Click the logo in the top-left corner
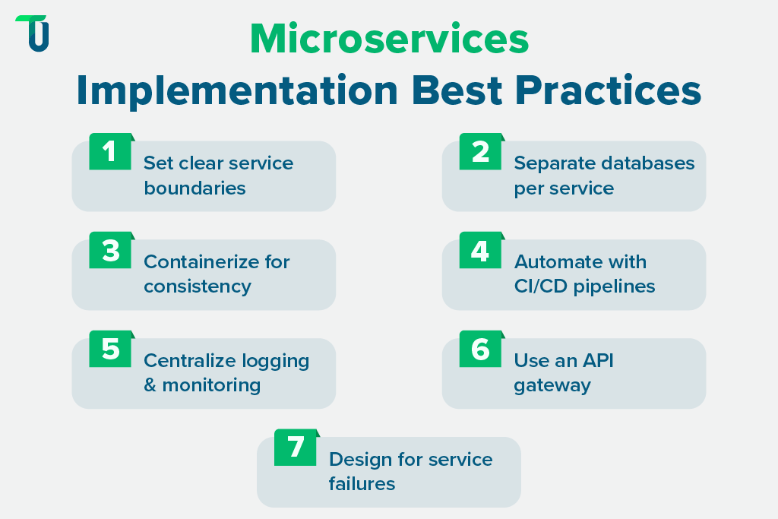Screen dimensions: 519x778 pyautogui.click(x=33, y=33)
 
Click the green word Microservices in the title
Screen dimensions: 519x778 pyautogui.click(x=389, y=40)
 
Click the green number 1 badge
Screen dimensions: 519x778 pyautogui.click(x=110, y=152)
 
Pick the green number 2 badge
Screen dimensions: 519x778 pyautogui.click(x=480, y=152)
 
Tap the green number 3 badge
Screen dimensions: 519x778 pyautogui.click(x=110, y=251)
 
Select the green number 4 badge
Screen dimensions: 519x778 pyautogui.click(x=480, y=251)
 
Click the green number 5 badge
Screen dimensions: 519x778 pyautogui.click(x=110, y=350)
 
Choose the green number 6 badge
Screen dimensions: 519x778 pyautogui.click(x=480, y=350)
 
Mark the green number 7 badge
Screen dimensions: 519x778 pyautogui.click(x=296, y=448)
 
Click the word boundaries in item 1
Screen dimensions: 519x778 pyautogui.click(x=194, y=188)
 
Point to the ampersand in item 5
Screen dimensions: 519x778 pyautogui.click(x=150, y=385)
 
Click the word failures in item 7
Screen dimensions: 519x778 pyautogui.click(x=362, y=484)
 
